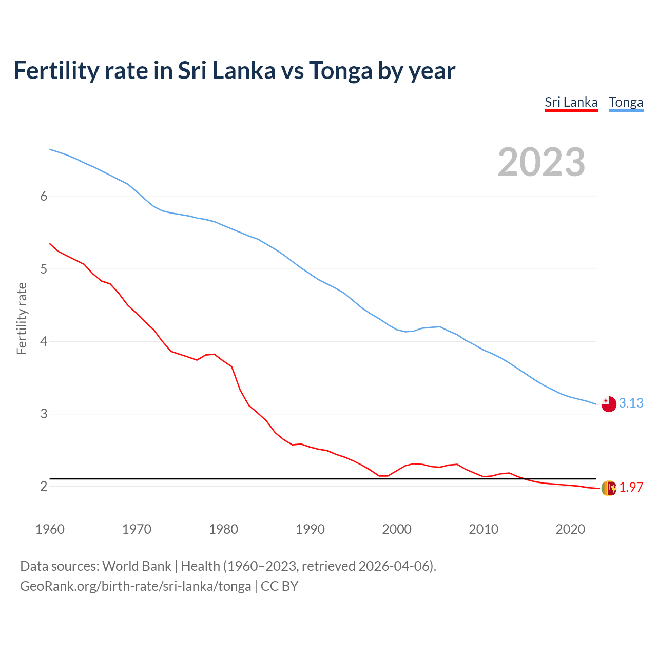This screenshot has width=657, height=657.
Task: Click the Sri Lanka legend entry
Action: (571, 102)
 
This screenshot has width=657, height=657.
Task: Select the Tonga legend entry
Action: (626, 102)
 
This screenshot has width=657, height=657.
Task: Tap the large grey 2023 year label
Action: (541, 162)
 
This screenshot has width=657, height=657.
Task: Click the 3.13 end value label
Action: (631, 403)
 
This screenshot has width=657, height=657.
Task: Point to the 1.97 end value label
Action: (631, 488)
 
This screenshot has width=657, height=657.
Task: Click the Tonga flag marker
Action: (609, 404)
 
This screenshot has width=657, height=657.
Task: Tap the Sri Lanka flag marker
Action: (609, 488)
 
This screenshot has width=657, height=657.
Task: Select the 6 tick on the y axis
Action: (44, 197)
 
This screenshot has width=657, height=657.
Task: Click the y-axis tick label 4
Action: (44, 341)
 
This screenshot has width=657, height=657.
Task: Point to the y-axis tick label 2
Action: (44, 486)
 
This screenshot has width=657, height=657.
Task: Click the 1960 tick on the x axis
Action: (50, 529)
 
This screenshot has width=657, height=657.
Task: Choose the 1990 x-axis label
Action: (310, 529)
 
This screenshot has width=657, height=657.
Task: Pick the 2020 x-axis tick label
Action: (570, 529)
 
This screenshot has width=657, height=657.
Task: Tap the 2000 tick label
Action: (397, 529)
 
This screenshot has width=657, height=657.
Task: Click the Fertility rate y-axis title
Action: (22, 318)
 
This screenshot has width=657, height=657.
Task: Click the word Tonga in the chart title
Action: (340, 71)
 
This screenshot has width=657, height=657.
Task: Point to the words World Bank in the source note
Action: (137, 566)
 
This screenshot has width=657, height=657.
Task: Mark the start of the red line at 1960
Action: (50, 244)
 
